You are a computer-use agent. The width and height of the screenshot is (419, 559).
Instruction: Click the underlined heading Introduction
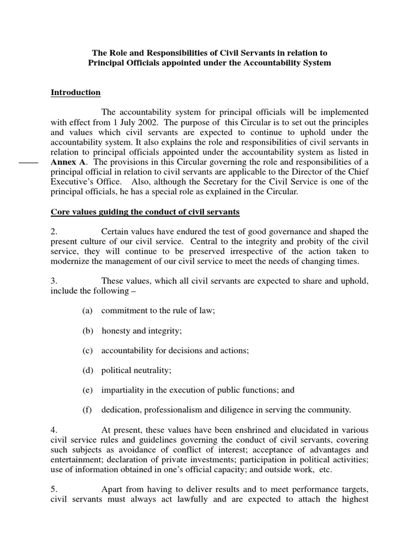pos(76,92)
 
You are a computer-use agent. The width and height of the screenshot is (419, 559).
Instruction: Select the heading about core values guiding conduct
pos(145,211)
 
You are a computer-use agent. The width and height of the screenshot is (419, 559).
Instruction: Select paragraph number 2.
pos(54,231)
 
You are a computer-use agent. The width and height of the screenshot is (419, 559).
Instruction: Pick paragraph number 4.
pos(54,430)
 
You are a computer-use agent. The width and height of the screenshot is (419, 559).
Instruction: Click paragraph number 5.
pos(54,490)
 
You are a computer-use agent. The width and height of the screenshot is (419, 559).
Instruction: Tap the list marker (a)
pos(88,311)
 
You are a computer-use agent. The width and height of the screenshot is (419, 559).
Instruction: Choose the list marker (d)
pos(88,370)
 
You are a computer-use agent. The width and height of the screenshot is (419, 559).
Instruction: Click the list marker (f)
pos(87,410)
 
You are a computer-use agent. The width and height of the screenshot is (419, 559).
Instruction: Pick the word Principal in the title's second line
pos(109,63)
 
